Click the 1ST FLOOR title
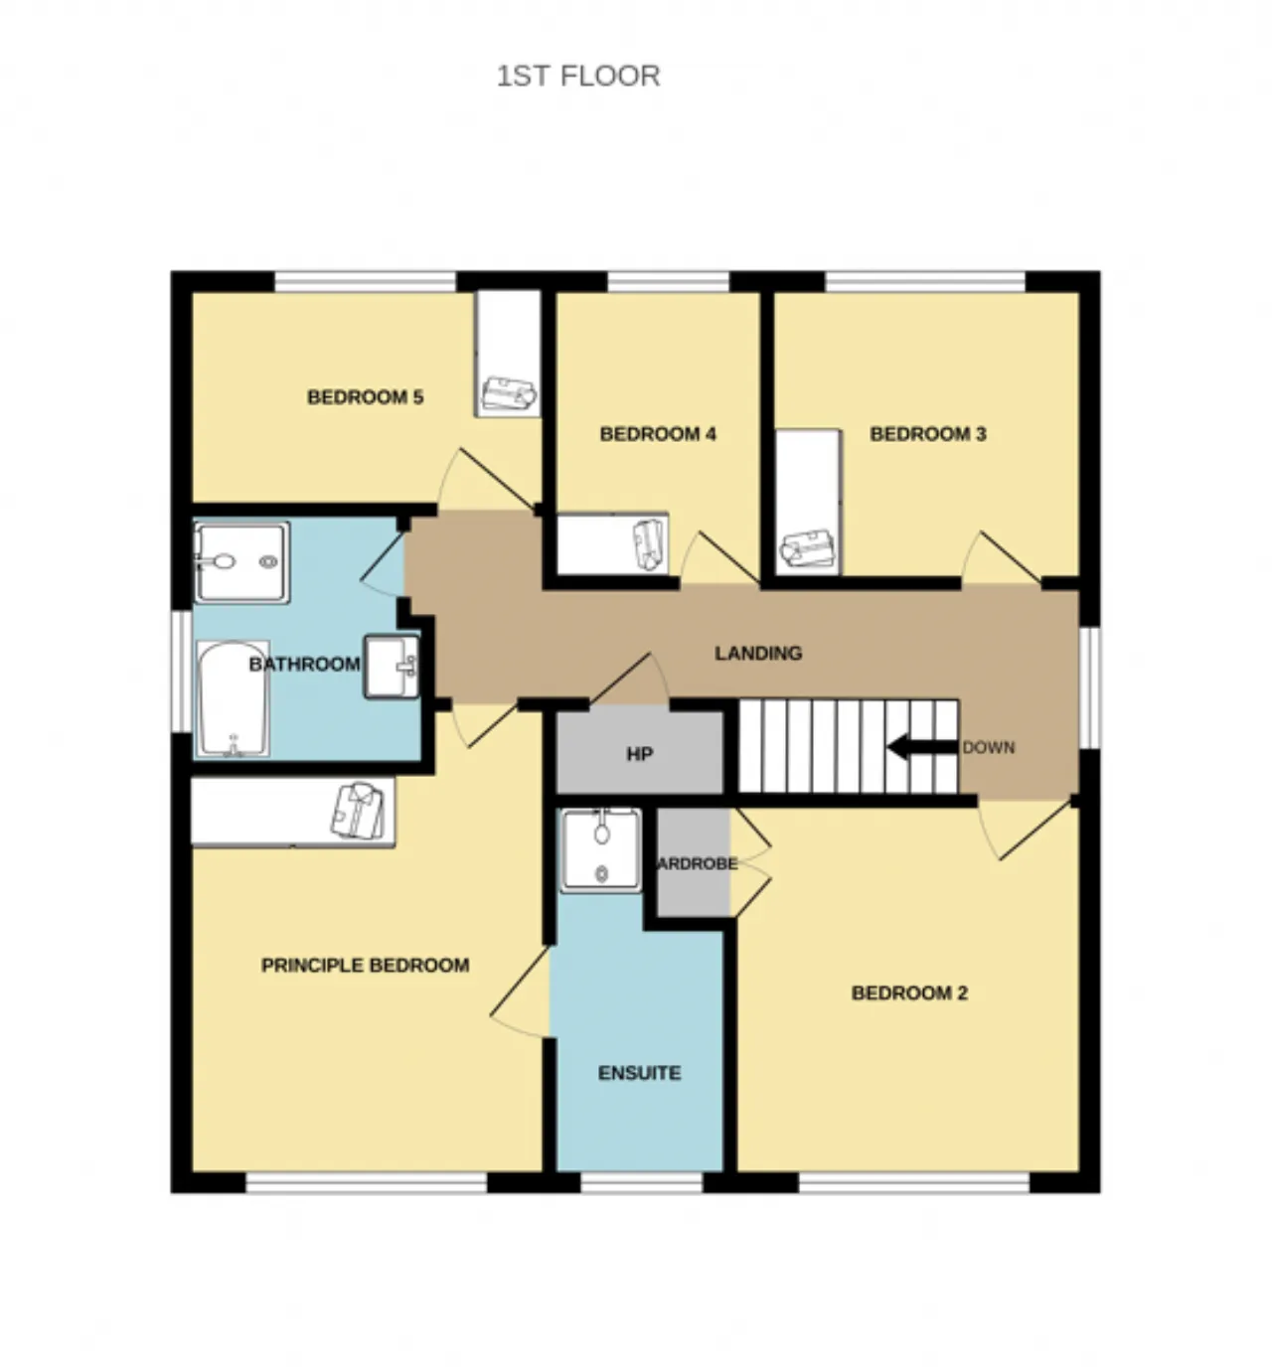pyautogui.click(x=577, y=76)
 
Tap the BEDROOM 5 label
pyautogui.click(x=365, y=397)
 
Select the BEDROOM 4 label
pyautogui.click(x=658, y=434)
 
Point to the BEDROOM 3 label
pyautogui.click(x=927, y=434)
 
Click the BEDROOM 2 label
pyautogui.click(x=909, y=993)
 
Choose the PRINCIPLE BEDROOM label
pyautogui.click(x=365, y=966)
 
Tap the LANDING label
pyautogui.click(x=758, y=654)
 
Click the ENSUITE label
pyautogui.click(x=639, y=1073)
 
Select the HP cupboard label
pyautogui.click(x=639, y=754)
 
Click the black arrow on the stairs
pyautogui.click(x=921, y=747)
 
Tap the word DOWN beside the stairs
pyautogui.click(x=989, y=747)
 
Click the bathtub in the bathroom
pyautogui.click(x=233, y=699)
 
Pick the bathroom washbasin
pyautogui.click(x=392, y=667)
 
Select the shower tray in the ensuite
pyautogui.click(x=601, y=850)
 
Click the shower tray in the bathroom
pyautogui.click(x=241, y=562)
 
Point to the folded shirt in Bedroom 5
pyautogui.click(x=509, y=394)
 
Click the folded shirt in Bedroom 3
pyautogui.click(x=807, y=548)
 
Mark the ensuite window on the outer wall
pyautogui.click(x=642, y=1183)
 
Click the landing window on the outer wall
pyautogui.click(x=1089, y=686)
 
